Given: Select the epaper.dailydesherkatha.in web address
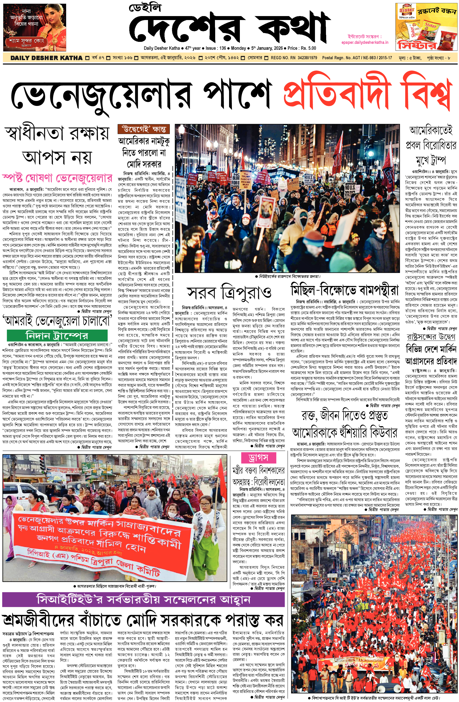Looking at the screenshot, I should click(365, 42).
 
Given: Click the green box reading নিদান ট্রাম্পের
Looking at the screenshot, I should click(57, 335).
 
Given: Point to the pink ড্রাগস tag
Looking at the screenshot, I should click(258, 458).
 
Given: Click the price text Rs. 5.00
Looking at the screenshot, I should click(308, 48).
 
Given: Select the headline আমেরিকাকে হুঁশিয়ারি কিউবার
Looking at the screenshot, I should click(344, 433).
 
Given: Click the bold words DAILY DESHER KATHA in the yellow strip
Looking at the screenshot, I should click(46, 58).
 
